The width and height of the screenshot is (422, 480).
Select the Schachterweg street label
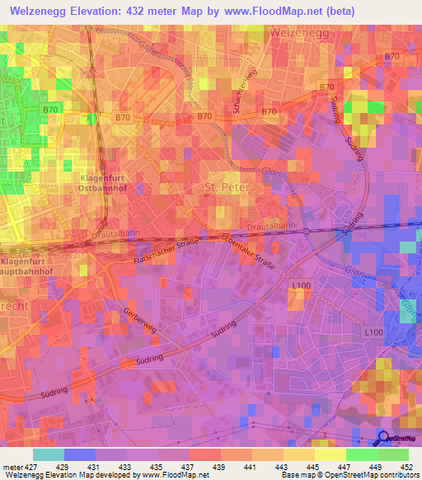(245, 106)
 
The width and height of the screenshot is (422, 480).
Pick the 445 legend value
(315, 467)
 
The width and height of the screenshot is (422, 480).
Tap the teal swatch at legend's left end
(49, 454)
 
